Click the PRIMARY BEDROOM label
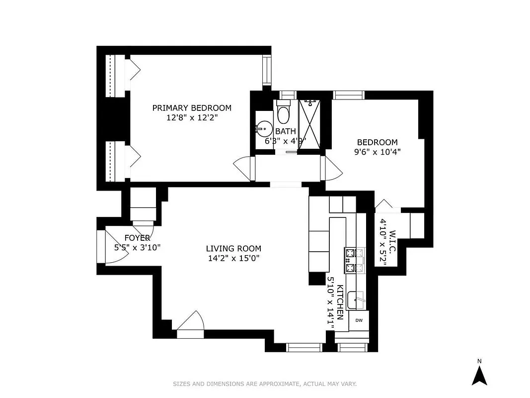(x=192, y=108)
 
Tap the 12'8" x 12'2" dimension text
(x=192, y=118)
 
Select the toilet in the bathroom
(x=284, y=113)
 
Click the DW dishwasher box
(x=359, y=320)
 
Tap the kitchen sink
(x=356, y=300)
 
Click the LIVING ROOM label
(x=233, y=249)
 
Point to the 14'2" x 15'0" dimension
(x=233, y=258)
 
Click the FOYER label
(x=137, y=238)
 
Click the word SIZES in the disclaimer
(x=182, y=384)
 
